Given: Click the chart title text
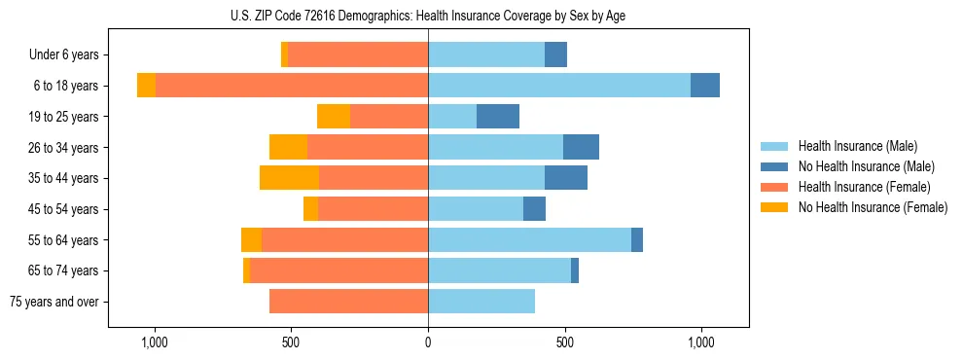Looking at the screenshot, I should pos(428,16).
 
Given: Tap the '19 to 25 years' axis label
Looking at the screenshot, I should pos(61,117).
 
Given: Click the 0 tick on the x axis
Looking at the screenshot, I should pos(428,342).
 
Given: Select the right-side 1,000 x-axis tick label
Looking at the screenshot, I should pos(701,342).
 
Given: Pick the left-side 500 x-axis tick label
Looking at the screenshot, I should pos(291,342).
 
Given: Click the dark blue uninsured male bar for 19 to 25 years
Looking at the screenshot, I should pos(498,117).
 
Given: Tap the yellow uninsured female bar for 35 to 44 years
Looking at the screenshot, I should pos(289,178).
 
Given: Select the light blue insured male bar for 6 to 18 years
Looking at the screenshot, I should pos(559,86).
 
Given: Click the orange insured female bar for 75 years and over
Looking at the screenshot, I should pos(348,302).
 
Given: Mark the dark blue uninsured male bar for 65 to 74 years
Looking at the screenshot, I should pos(575,270).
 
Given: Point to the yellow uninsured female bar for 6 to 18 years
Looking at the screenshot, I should pos(146,86).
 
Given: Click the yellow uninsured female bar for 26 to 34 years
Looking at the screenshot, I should pos(288,147).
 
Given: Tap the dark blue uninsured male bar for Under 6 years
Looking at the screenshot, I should pos(555,55).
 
